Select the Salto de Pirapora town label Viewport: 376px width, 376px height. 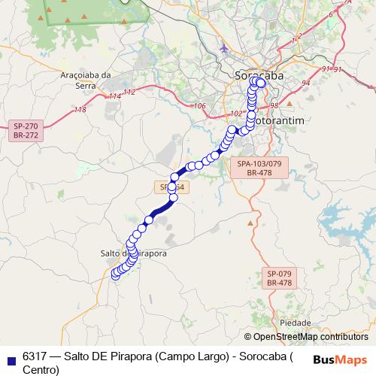coord(133,253)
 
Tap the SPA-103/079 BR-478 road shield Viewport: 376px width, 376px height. coord(258,168)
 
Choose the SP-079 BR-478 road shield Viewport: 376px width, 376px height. coord(280,278)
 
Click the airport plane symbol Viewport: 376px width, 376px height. coord(223,50)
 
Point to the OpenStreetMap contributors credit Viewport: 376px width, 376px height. coord(306,337)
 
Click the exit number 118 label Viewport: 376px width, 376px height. coord(80,110)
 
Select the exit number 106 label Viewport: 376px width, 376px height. coord(199,106)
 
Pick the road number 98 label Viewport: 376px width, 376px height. coord(274,105)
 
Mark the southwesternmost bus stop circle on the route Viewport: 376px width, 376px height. coord(115,275)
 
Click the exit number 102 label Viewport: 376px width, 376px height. coord(237,114)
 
